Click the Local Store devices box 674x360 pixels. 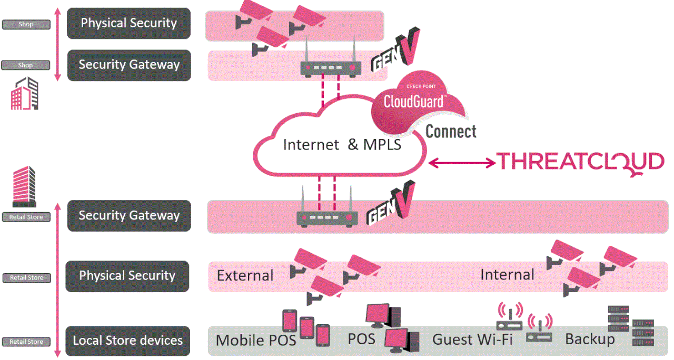[128, 341]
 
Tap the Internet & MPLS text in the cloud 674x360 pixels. [342, 145]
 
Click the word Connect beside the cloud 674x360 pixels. [451, 131]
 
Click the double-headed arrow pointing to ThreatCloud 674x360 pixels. [462, 163]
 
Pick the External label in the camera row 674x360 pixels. [245, 275]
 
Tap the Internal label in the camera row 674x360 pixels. [507, 274]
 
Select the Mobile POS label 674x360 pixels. [256, 341]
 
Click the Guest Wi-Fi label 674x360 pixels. [472, 339]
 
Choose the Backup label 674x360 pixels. [590, 339]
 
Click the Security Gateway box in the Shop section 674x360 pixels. [129, 65]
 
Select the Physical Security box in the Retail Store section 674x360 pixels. [127, 276]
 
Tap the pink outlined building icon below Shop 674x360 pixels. [25, 93]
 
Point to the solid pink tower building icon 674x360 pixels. [24, 186]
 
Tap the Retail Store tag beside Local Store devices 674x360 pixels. [26, 342]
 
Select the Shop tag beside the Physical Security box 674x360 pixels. [26, 24]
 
